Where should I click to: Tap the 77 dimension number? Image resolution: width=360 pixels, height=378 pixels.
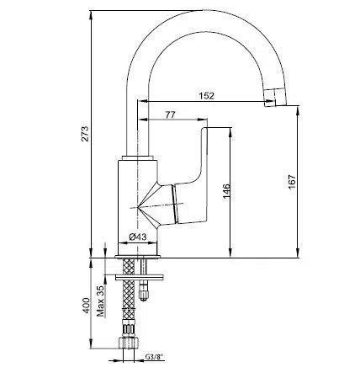point(170,114)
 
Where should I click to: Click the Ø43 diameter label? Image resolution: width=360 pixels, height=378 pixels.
point(136,237)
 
